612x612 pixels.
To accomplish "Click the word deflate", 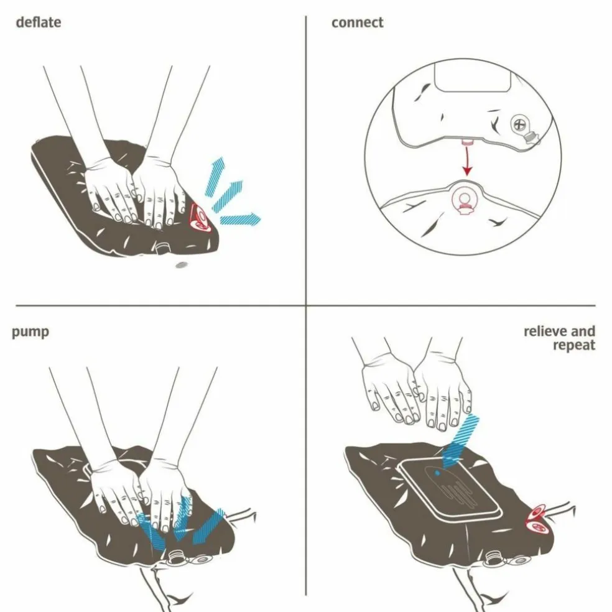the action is [39, 22].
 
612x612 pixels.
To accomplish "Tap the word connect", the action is [357, 22].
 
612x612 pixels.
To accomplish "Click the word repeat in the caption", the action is [573, 345].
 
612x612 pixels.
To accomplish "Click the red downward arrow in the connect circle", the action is [467, 160].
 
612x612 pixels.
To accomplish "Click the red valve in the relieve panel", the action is [538, 519].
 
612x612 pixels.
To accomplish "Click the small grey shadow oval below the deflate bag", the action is [181, 265].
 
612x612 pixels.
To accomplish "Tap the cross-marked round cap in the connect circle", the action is [519, 125].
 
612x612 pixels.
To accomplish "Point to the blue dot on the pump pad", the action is [437, 473].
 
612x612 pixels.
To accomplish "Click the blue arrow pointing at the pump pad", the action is [460, 441].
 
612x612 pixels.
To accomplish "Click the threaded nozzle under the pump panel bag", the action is [176, 556].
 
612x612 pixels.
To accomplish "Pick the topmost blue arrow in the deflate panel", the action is [215, 176].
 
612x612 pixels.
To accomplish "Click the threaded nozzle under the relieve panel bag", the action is [493, 555].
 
